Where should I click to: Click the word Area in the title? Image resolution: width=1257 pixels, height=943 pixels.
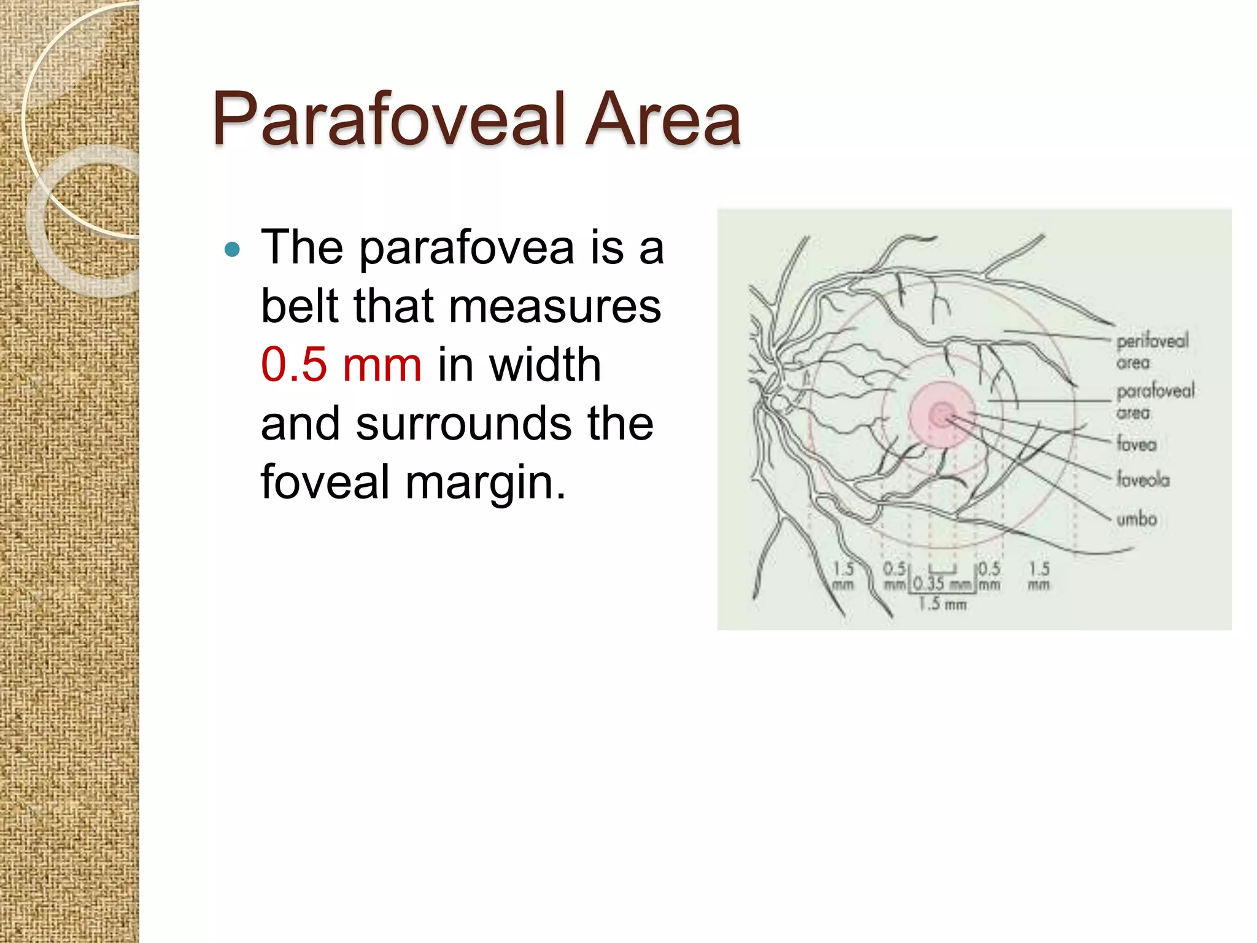(x=663, y=119)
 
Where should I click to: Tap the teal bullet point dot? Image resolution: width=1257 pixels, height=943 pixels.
(x=232, y=249)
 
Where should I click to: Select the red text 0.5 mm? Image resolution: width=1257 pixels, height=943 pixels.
(x=341, y=365)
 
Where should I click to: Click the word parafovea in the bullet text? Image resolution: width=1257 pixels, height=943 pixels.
(x=466, y=248)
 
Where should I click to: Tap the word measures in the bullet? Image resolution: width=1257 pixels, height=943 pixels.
(x=555, y=306)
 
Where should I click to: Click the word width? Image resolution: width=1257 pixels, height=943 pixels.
(x=545, y=365)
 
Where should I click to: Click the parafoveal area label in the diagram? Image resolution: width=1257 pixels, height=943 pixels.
(x=1154, y=401)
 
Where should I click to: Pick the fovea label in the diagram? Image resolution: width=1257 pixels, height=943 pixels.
(x=1136, y=443)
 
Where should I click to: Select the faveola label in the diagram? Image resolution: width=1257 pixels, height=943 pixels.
(x=1143, y=479)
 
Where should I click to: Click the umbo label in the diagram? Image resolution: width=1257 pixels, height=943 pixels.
(x=1136, y=519)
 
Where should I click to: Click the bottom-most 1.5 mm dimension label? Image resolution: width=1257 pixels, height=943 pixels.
(x=942, y=605)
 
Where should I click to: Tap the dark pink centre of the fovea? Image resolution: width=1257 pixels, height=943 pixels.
(x=941, y=414)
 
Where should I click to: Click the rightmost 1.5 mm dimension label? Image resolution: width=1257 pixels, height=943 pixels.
(x=1039, y=576)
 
